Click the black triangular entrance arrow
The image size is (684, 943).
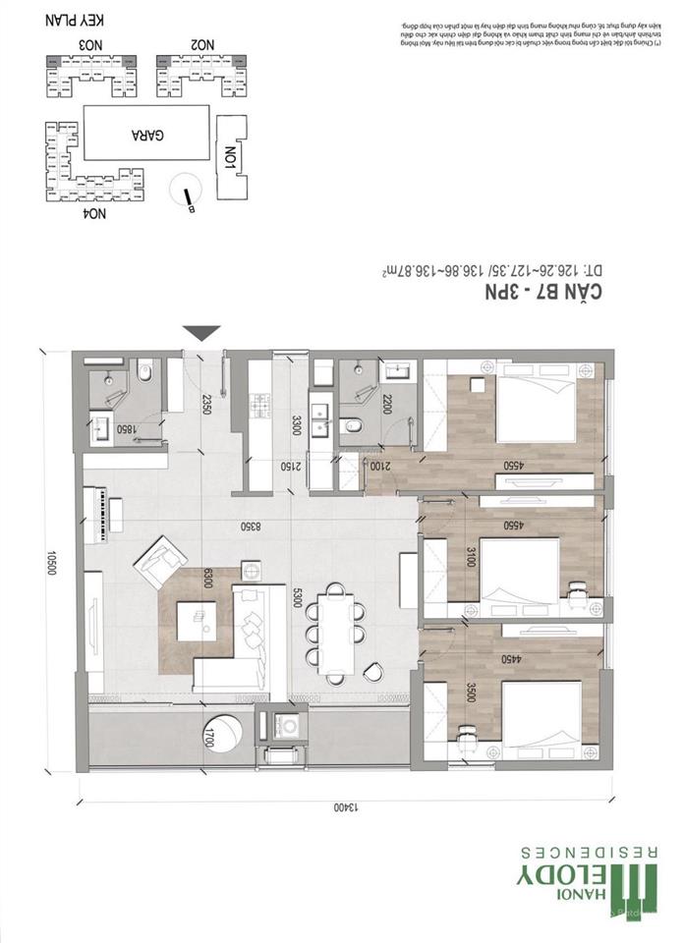coord(201,333)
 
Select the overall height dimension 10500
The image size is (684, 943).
coord(45,562)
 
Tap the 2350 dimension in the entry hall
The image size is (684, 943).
coord(207,405)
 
